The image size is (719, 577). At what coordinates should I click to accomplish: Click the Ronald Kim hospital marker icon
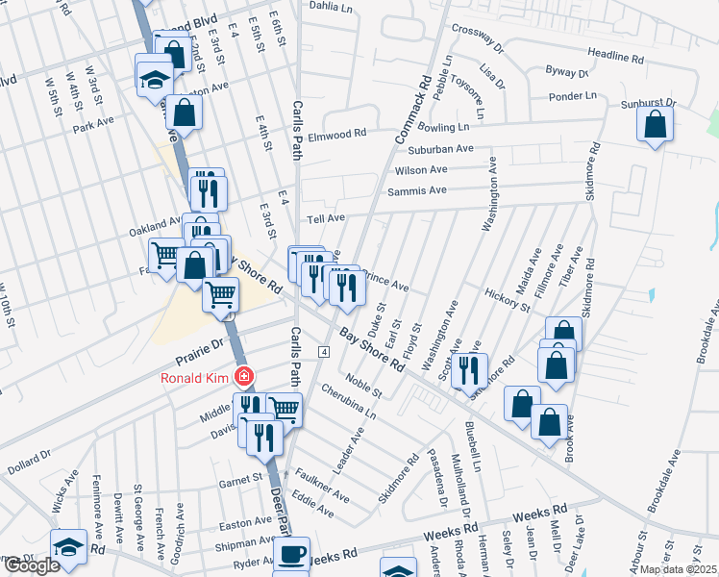coord(245,376)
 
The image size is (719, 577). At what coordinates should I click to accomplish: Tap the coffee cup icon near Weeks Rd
coord(291,554)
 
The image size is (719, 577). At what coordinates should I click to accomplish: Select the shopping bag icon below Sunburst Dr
coord(655,125)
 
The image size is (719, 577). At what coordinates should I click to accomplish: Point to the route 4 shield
coord(325,353)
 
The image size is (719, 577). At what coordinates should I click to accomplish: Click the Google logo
coord(31,565)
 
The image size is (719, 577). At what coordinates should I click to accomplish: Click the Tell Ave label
coord(327,218)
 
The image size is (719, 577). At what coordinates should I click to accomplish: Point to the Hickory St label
coord(508,300)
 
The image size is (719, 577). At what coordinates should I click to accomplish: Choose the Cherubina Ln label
coord(348,402)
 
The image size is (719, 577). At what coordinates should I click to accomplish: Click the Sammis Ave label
coord(417,191)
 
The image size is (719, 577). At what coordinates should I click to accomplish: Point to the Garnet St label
coord(240,477)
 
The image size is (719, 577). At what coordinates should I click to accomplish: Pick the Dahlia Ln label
coord(333,5)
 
